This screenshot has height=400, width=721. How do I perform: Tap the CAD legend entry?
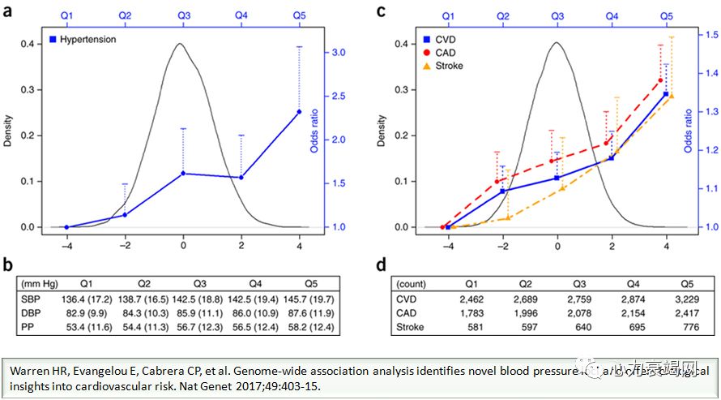point(440,53)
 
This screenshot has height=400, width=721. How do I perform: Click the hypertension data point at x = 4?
point(300,112)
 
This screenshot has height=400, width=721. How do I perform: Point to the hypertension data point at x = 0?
point(183,173)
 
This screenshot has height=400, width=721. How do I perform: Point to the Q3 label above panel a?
point(183,15)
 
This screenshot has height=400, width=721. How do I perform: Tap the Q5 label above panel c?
point(666,15)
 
